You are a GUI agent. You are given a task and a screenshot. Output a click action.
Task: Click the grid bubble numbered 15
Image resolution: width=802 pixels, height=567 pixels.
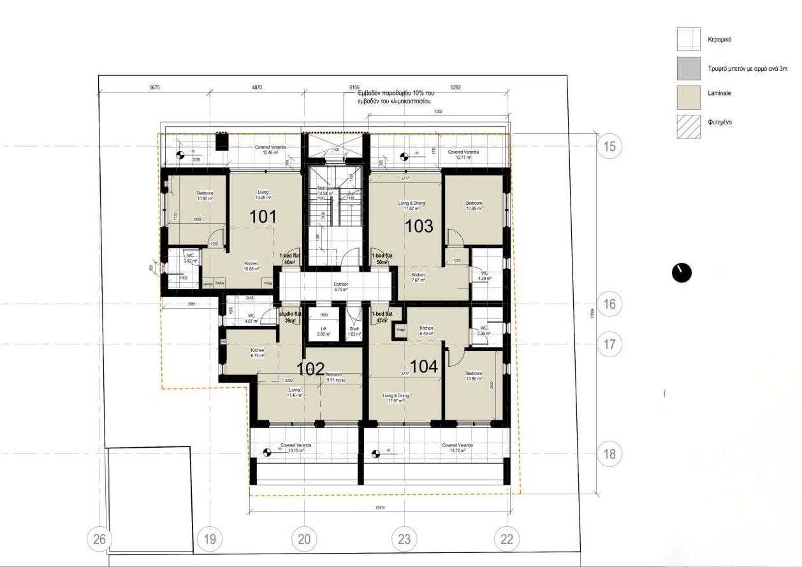pos(610,146)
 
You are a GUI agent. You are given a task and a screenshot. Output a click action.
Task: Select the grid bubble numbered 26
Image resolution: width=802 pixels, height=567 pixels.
pos(99,539)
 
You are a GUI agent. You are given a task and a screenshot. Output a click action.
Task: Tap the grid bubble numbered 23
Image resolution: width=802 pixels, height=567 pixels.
pos(404,539)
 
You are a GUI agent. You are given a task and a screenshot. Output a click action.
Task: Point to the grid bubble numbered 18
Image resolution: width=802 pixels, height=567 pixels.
pos(610,454)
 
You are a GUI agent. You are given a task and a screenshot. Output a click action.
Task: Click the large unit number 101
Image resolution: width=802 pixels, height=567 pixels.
pos(263,216)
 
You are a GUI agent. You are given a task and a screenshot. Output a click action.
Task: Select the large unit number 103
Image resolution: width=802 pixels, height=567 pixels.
pos(419,226)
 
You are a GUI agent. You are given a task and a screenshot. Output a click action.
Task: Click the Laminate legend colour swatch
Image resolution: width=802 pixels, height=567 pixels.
pos(689,94)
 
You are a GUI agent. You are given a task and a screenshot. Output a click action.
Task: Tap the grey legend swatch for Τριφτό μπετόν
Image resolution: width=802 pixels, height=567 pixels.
pos(689,68)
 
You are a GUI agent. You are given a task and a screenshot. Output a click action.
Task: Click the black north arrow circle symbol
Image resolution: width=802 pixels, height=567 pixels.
pos(682,272)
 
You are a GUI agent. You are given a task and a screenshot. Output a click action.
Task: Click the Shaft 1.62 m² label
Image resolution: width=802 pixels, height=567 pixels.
pos(354,332)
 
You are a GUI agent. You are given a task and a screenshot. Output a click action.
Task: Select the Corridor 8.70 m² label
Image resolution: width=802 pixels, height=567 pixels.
pos(340,287)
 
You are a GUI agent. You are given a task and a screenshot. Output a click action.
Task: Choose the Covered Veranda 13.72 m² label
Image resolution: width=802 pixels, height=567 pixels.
pos(457,448)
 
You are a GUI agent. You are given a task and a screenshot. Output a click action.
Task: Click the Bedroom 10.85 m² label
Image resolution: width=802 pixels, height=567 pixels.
pos(474,206)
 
